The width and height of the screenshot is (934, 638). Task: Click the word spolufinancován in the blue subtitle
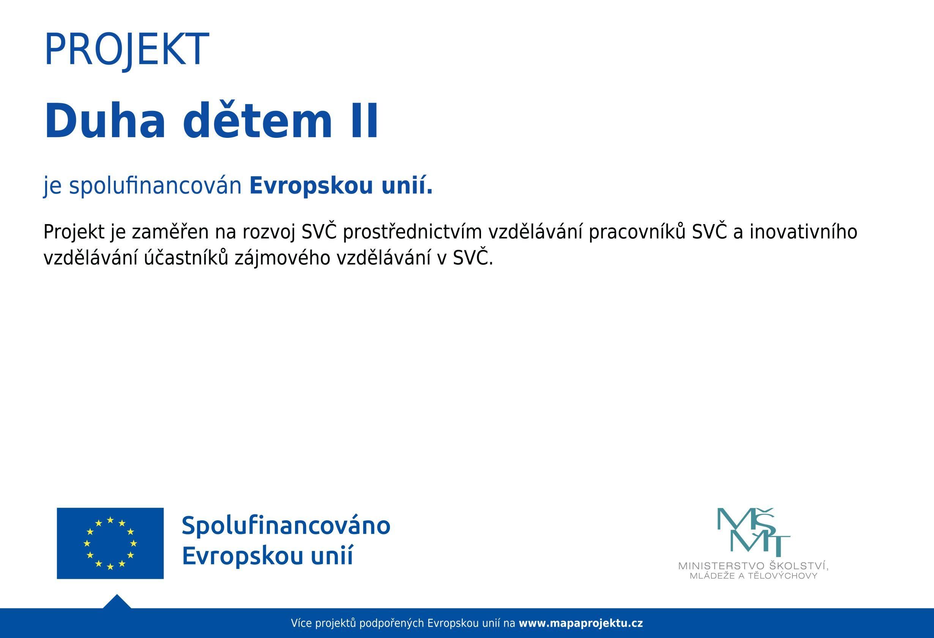pos(155,186)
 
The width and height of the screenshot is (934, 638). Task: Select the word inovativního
pos(803,232)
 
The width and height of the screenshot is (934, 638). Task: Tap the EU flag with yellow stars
pos(110,543)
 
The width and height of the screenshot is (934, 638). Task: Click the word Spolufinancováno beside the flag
pos(286,526)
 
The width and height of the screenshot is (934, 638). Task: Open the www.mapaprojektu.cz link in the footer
pos(581,624)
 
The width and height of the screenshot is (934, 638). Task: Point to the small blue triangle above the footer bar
pos(117,602)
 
